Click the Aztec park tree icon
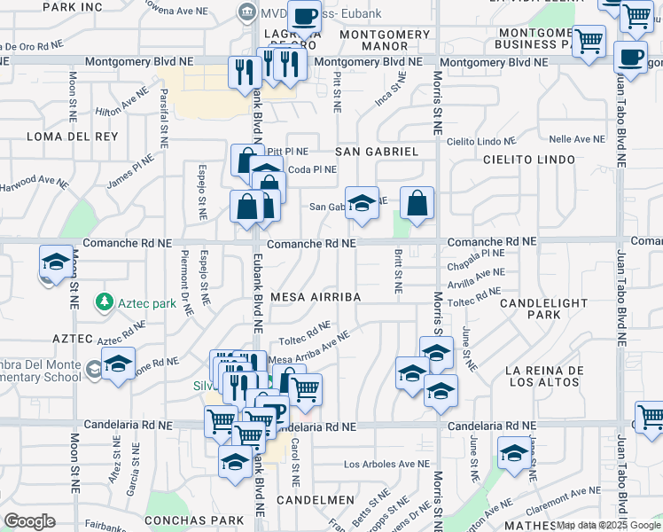105,302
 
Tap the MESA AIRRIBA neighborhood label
316,298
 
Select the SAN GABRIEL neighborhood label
377,152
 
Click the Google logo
29,521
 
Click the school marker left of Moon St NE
56,262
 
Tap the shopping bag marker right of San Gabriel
417,203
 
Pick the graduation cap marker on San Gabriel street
362,203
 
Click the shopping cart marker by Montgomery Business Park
589,40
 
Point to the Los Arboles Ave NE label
386,464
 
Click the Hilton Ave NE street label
121,104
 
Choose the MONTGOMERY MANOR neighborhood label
385,40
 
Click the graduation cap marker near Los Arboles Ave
514,453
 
